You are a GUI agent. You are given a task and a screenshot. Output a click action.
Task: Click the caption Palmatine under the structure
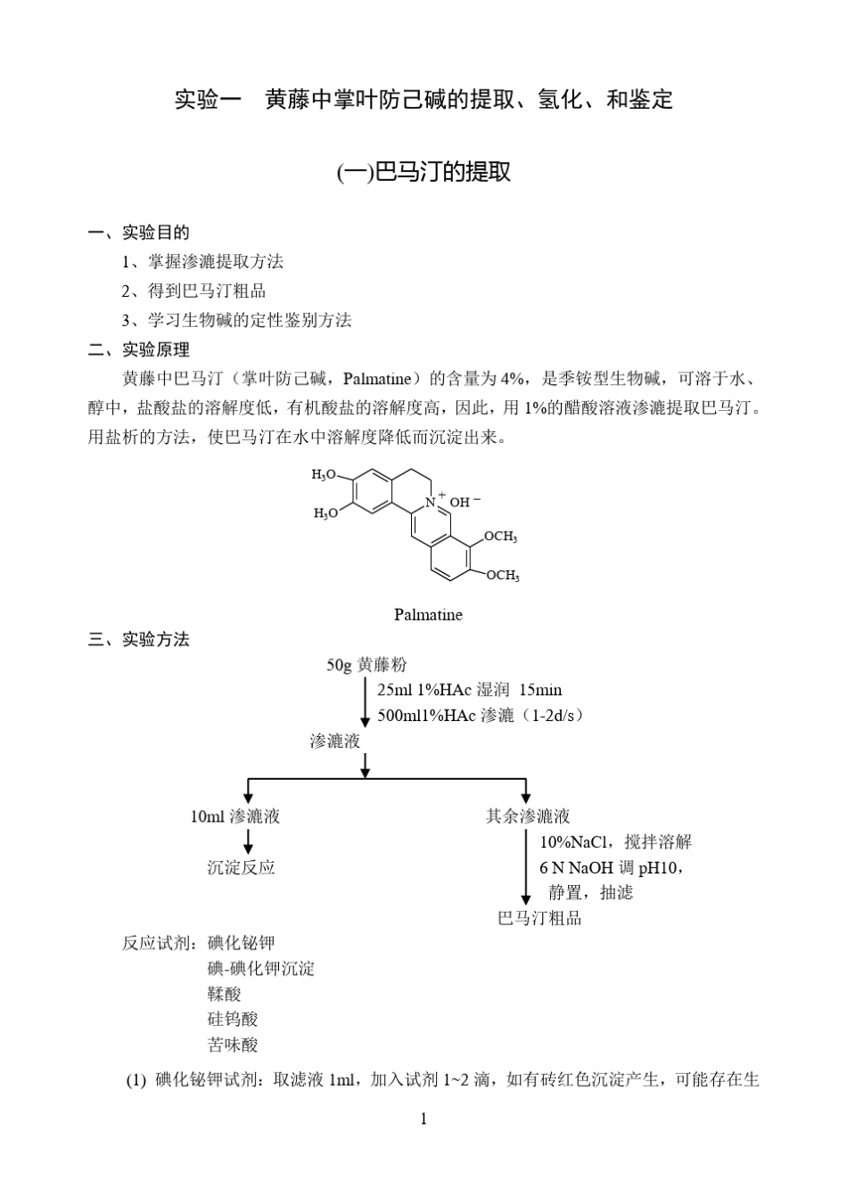pyautogui.click(x=428, y=614)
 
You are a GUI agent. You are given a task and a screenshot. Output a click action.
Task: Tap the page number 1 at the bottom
pyautogui.click(x=423, y=1119)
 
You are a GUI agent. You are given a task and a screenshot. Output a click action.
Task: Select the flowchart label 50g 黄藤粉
pyautogui.click(x=366, y=665)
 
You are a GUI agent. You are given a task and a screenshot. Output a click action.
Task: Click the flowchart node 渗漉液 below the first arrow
pyautogui.click(x=334, y=742)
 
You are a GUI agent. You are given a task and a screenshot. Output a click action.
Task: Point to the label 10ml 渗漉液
pyautogui.click(x=235, y=816)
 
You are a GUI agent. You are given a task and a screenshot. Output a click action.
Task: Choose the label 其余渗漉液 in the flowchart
pyautogui.click(x=528, y=816)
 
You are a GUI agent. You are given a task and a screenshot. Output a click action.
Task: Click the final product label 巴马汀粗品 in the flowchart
pyautogui.click(x=539, y=918)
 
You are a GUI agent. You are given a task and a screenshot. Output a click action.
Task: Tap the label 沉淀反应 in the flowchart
pyautogui.click(x=241, y=867)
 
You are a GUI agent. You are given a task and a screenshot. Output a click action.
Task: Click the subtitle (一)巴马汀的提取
pyautogui.click(x=423, y=172)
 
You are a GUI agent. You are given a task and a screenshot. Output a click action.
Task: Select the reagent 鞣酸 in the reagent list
pyautogui.click(x=224, y=994)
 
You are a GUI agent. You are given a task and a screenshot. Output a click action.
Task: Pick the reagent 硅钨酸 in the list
pyautogui.click(x=233, y=1019)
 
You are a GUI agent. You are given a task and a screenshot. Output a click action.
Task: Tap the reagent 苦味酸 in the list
pyautogui.click(x=233, y=1045)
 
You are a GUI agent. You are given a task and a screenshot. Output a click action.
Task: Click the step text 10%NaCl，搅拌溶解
pyautogui.click(x=615, y=841)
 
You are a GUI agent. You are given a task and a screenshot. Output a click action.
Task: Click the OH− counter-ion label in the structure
pyautogui.click(x=465, y=502)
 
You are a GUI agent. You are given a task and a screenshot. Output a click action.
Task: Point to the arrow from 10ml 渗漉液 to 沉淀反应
pyautogui.click(x=248, y=841)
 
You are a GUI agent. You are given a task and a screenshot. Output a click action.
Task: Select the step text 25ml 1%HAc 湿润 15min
pyautogui.click(x=469, y=690)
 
